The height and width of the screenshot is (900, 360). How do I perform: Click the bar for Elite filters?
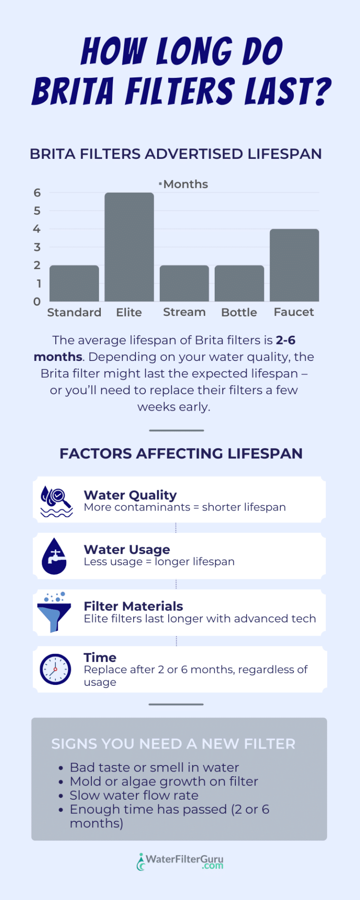(x=129, y=247)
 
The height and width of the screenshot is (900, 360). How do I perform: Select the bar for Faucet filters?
(x=294, y=265)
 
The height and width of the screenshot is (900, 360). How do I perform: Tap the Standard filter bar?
(x=74, y=284)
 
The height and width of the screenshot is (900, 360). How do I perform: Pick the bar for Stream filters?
(x=184, y=284)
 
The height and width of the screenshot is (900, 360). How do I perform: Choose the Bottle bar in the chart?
(x=240, y=284)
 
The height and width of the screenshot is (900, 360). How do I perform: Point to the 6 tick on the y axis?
(x=37, y=193)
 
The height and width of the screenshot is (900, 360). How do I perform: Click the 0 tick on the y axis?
(x=37, y=301)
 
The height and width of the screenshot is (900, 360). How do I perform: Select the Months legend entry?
(x=183, y=184)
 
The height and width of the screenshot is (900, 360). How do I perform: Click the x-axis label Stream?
(x=184, y=312)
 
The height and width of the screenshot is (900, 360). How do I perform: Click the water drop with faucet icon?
(x=54, y=556)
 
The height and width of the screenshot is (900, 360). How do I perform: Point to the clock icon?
(x=55, y=669)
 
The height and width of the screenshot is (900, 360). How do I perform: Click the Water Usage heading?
(x=127, y=549)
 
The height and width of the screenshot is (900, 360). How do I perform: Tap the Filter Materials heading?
(x=134, y=606)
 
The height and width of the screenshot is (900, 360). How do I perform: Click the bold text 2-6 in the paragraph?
(x=285, y=340)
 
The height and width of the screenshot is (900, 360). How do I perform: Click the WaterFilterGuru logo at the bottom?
(x=180, y=862)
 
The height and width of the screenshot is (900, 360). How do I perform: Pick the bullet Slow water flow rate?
(x=134, y=795)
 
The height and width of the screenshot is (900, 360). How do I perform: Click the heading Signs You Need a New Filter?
(x=173, y=744)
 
